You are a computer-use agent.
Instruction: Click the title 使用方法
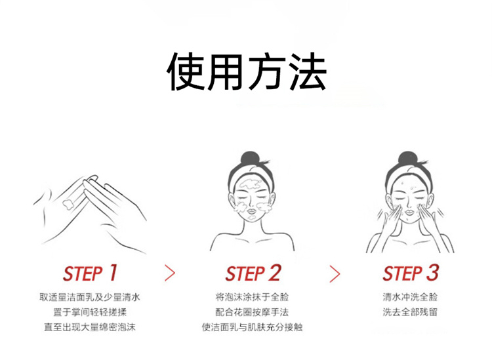coord(246,72)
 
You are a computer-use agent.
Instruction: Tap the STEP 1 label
coord(90,273)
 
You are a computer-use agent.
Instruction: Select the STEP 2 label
coord(253,273)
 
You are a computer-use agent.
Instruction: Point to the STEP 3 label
coord(411,273)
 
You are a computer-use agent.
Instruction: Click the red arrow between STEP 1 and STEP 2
coord(170,273)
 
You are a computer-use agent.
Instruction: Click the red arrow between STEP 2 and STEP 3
coord(335,273)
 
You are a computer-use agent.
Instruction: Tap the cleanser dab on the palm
coord(68,205)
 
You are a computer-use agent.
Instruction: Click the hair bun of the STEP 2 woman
coord(249,158)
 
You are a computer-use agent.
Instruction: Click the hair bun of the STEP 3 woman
coord(407,159)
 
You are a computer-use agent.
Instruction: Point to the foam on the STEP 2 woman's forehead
coord(250,184)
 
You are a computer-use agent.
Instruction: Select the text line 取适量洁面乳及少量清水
coord(90,297)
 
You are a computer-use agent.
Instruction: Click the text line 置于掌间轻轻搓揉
coord(90,312)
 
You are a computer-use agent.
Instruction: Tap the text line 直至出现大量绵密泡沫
coord(90,327)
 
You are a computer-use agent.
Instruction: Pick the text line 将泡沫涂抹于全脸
coord(252,296)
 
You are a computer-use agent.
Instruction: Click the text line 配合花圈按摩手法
coord(252,312)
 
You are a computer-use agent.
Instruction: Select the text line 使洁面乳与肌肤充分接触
coord(252,327)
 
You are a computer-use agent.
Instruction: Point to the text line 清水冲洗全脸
coord(410,296)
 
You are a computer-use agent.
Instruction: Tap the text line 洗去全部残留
coord(410,312)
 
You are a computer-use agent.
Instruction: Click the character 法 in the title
coord(308,72)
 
